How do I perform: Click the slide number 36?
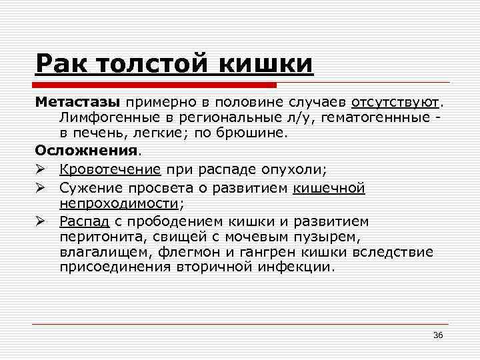438,334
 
